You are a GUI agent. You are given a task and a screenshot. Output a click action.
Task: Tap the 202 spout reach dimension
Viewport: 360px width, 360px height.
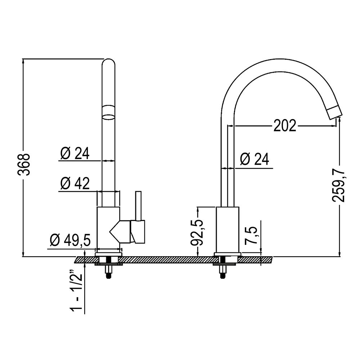click(x=285, y=126)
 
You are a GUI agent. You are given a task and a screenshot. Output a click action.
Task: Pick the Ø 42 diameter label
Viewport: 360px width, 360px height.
click(x=75, y=184)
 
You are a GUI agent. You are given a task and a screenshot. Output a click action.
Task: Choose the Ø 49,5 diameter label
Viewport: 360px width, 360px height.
click(x=71, y=240)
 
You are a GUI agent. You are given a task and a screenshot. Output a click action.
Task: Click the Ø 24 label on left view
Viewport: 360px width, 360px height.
click(x=75, y=154)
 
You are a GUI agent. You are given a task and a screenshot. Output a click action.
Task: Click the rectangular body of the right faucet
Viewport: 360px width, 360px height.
click(x=227, y=229)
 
